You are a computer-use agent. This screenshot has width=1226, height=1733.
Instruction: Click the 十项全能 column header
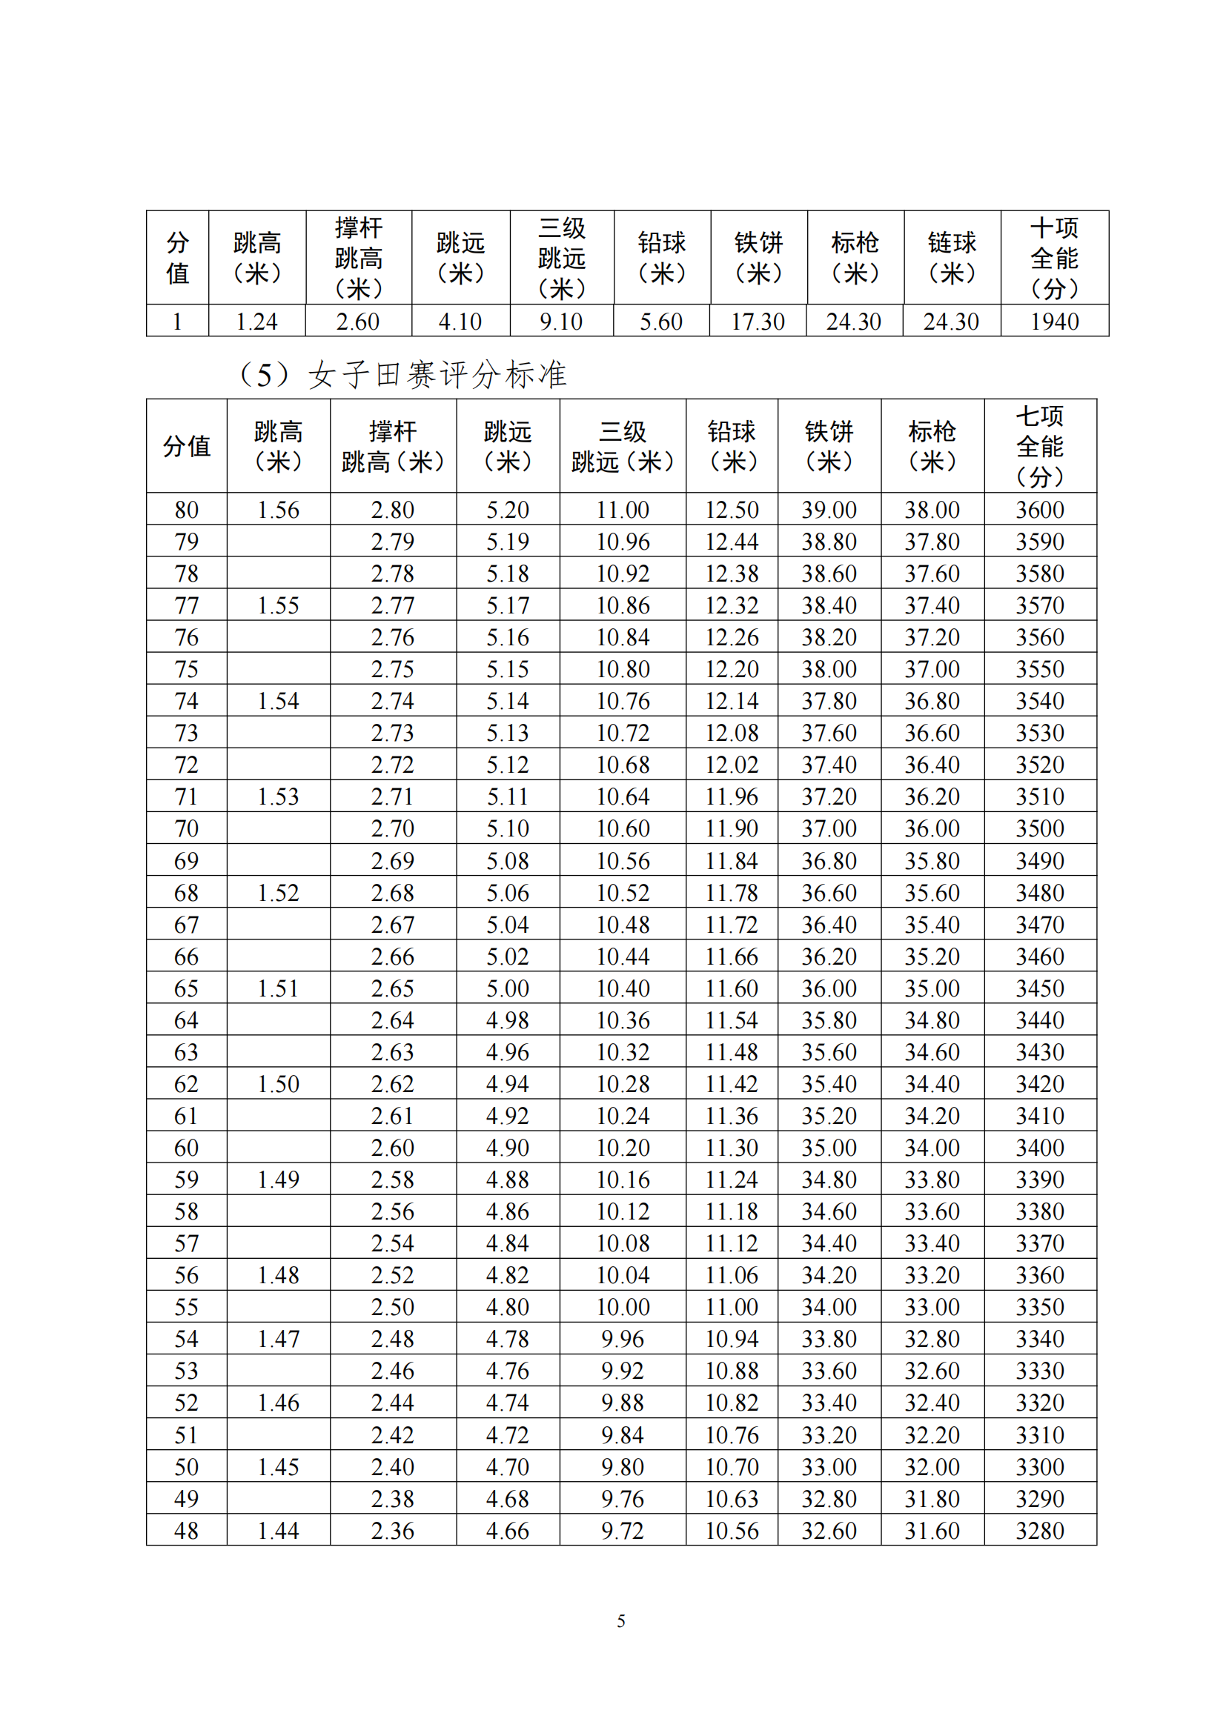(x=1054, y=257)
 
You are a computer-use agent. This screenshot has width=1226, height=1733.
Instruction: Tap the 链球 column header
(x=951, y=257)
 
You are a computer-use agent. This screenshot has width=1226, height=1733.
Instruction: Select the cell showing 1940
(x=1054, y=322)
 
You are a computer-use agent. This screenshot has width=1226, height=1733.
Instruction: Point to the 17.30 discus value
(x=758, y=322)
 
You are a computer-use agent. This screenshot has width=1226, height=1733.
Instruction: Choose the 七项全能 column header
(x=1039, y=446)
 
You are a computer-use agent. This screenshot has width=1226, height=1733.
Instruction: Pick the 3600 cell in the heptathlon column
(x=1039, y=510)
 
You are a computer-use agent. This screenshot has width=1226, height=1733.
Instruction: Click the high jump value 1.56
(x=278, y=510)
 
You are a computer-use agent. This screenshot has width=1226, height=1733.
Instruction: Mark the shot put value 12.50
(x=731, y=510)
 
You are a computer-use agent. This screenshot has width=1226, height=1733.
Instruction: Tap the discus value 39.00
(x=828, y=510)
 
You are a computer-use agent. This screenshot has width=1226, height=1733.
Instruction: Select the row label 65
(x=186, y=988)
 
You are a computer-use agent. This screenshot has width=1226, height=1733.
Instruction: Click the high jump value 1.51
(x=278, y=988)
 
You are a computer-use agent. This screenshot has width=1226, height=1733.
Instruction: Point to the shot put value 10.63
(x=731, y=1498)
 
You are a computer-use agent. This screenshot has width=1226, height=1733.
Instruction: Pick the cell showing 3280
(x=1039, y=1531)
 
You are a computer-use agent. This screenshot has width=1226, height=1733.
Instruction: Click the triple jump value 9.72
(x=622, y=1531)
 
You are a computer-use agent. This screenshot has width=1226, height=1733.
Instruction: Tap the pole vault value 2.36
(x=393, y=1531)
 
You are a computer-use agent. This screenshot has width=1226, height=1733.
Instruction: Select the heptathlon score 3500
(x=1039, y=828)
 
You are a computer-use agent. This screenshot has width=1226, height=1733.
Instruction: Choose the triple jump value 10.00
(x=622, y=1306)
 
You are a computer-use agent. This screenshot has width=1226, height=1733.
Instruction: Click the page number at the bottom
(x=620, y=1620)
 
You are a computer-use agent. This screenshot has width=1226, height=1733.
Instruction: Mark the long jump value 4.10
(x=460, y=322)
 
